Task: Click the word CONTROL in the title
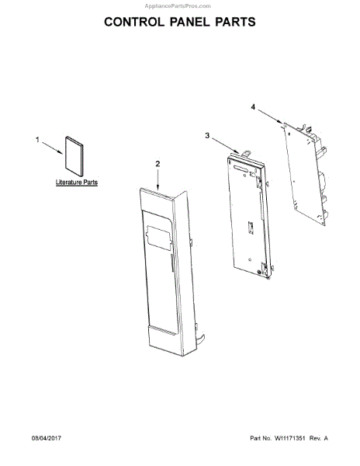click(134, 22)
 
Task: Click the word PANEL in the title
click(189, 22)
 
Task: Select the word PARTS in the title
click(235, 22)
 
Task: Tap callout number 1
click(37, 139)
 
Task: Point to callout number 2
click(157, 164)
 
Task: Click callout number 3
click(207, 135)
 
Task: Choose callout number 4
click(253, 107)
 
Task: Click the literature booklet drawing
click(74, 157)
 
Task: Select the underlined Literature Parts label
click(77, 183)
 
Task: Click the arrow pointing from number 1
click(52, 148)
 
